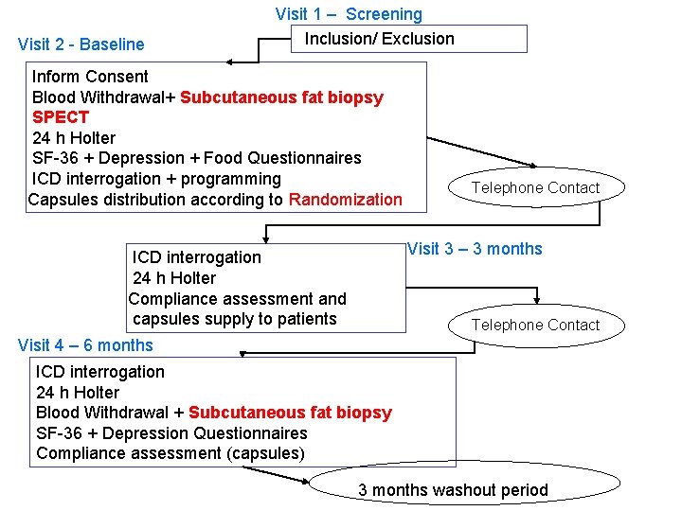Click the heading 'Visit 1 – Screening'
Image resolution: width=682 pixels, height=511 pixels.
[349, 14]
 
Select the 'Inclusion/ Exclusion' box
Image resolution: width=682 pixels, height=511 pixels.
[407, 39]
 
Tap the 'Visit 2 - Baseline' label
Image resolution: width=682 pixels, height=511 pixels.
[81, 44]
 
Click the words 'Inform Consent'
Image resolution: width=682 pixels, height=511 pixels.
[90, 77]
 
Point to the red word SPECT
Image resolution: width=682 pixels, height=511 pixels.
[61, 117]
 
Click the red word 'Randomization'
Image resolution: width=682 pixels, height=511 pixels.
[345, 200]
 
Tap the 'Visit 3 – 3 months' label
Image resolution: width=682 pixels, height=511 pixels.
[475, 249]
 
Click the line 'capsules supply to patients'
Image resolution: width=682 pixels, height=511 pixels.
[234, 319]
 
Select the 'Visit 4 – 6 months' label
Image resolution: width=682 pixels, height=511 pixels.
[85, 345]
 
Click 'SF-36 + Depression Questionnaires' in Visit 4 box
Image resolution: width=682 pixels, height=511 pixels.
[171, 433]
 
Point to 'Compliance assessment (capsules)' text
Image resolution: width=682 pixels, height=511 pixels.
[170, 453]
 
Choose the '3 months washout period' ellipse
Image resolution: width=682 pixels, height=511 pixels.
[453, 490]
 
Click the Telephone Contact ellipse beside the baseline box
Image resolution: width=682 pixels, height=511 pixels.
[535, 187]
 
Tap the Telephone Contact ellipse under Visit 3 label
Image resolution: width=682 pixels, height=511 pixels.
[535, 325]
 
